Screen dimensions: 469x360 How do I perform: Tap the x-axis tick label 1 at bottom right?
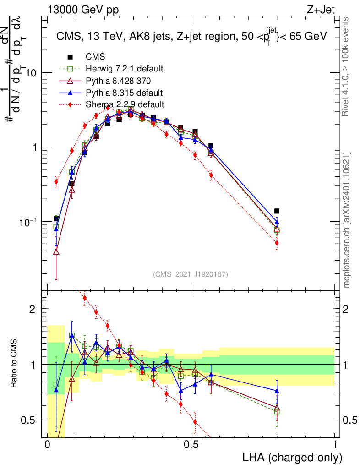(335, 445)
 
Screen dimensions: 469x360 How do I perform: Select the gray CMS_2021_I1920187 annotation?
(191, 274)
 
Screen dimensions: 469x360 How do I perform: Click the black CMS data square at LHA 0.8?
(277, 211)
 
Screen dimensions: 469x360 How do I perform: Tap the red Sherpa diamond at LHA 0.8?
(277, 243)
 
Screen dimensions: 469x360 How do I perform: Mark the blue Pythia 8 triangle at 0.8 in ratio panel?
(277, 391)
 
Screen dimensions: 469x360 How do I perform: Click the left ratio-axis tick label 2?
(32, 309)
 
